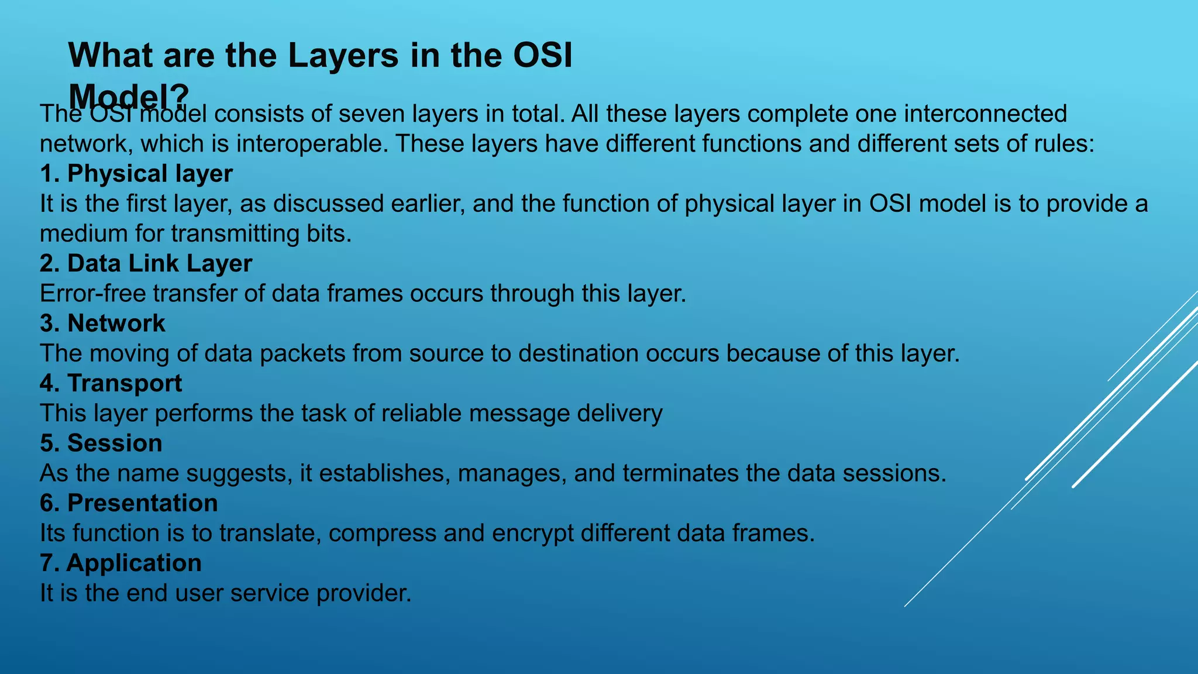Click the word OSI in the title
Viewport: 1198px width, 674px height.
click(x=542, y=56)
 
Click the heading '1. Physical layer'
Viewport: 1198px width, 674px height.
click(x=136, y=174)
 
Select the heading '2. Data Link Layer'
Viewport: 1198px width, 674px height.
click(x=146, y=263)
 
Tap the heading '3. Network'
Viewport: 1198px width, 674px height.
click(x=102, y=324)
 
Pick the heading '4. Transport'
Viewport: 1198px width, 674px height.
click(x=111, y=383)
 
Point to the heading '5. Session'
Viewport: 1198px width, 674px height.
click(x=101, y=443)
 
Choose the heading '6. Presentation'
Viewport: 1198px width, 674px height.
click(x=129, y=503)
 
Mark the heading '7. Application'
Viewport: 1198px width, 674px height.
click(x=121, y=563)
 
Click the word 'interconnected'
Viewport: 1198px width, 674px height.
click(x=985, y=114)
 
